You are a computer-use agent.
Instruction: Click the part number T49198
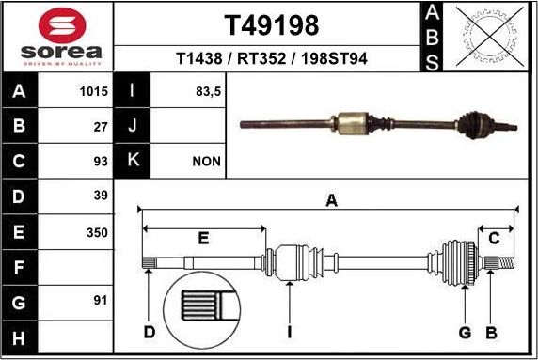pyautogui.click(x=271, y=24)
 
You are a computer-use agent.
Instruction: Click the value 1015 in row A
pyautogui.click(x=95, y=92)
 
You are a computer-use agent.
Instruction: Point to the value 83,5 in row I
pyautogui.click(x=206, y=92)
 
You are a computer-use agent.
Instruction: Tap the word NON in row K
pyautogui.click(x=206, y=162)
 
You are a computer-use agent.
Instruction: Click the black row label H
pyautogui.click(x=20, y=337)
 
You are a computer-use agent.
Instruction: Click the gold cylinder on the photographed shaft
pyautogui.click(x=352, y=122)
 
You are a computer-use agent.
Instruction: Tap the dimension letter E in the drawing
pyautogui.click(x=203, y=239)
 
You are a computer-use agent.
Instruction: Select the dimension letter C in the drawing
pyautogui.click(x=493, y=239)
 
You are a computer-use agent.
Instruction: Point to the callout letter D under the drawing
pyautogui.click(x=149, y=332)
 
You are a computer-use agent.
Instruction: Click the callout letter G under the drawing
pyautogui.click(x=464, y=332)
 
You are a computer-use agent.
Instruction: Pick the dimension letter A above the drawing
pyautogui.click(x=331, y=199)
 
